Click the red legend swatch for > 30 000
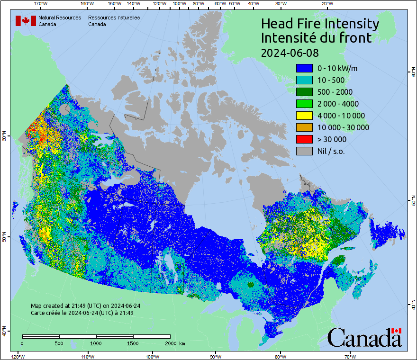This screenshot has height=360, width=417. pos(304,139)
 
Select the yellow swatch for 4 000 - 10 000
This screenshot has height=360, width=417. pos(304,116)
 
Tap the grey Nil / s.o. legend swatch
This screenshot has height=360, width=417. pos(304,151)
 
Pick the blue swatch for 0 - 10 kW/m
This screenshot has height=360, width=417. pos(304,68)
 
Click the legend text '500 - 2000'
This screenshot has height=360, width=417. pos(335,92)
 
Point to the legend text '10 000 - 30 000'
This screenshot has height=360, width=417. pos(343,127)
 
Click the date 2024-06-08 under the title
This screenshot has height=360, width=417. pos(290,52)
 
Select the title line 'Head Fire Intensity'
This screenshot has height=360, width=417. pos(320,24)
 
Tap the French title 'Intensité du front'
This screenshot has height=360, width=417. pos(316,38)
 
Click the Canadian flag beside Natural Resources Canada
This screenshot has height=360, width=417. pos(26,21)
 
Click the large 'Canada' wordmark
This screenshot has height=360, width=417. pos(364,337)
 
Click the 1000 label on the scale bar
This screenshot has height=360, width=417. pos(96,343)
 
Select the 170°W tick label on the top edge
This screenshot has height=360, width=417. pos(41,4)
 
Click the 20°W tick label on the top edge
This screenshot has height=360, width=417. pos(326,4)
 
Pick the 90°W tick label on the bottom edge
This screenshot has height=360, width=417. pos(216,356)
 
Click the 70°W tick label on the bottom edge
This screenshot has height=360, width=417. pos(350,356)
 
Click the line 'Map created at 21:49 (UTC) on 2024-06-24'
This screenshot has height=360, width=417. pos(85,306)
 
